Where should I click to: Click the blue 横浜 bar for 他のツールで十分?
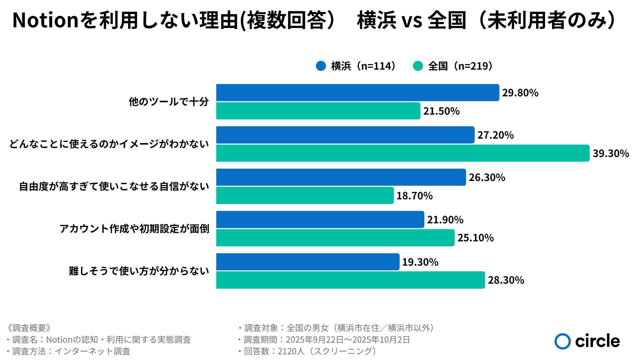[x=358, y=93]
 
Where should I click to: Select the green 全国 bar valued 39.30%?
[x=403, y=153]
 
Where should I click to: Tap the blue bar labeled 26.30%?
[x=341, y=177]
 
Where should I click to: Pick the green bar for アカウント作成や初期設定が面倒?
[x=335, y=238]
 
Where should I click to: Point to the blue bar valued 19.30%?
[x=308, y=262]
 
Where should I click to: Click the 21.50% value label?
[x=441, y=111]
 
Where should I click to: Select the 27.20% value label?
[x=496, y=135]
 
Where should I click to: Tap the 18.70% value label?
[x=414, y=196]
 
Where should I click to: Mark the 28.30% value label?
[x=506, y=280]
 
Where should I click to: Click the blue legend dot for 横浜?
[x=321, y=66]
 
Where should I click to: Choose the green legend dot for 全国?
[x=418, y=66]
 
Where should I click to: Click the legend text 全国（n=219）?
[x=460, y=66]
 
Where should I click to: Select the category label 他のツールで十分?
[x=169, y=102]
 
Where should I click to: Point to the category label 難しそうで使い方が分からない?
[x=139, y=271]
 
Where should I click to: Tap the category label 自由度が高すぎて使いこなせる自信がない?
[x=114, y=186]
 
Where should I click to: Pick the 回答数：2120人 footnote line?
[x=308, y=351]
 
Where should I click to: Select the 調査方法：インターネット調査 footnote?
[x=68, y=351]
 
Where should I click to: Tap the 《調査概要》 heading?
[x=29, y=328]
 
